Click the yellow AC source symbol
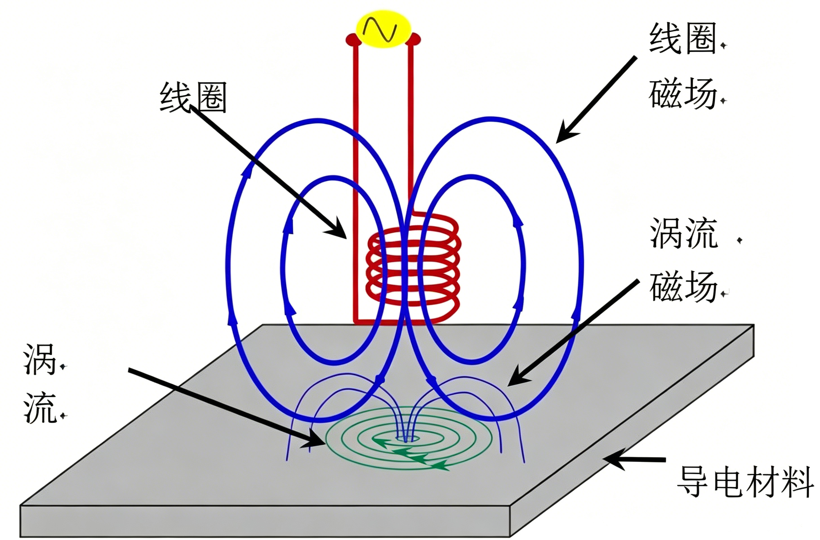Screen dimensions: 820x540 pos(383,29)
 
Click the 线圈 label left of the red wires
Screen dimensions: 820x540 pos(193,97)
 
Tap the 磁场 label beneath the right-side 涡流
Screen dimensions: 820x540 pos(684,287)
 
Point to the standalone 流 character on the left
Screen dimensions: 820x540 pos(40,408)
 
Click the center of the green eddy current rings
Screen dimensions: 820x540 pos(407,439)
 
